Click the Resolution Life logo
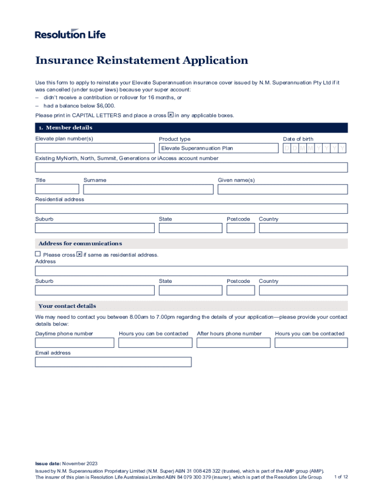point(70,34)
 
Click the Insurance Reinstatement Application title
point(141,60)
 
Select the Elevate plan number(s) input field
point(94,148)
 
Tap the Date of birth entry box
point(314,148)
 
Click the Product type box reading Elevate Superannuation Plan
point(219,148)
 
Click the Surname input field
point(148,189)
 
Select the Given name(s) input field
point(282,189)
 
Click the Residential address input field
point(191,209)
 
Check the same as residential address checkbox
point(38,254)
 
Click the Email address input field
point(113,362)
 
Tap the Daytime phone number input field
point(74,343)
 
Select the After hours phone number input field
point(233,343)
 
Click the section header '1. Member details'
point(65,128)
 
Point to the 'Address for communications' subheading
point(80,244)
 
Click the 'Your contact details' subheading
point(67,306)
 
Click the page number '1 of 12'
point(341,477)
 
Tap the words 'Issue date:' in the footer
point(48,464)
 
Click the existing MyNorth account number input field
point(191,167)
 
